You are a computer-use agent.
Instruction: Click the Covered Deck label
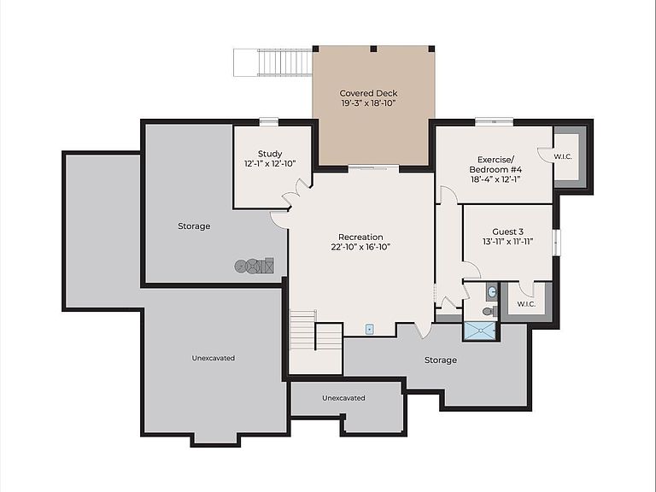pos(368,93)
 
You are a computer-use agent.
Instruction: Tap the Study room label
pos(270,154)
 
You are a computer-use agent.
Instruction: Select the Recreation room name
pos(360,237)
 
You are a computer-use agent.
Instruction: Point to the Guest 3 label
pos(507,231)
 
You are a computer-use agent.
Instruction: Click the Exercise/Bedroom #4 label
pos(495,164)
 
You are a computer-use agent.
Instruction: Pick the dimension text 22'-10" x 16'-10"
pos(360,247)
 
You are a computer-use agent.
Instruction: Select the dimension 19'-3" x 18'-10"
pos(368,103)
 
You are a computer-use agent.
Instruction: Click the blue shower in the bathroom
pos(479,331)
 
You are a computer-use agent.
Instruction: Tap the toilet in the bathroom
pos(489,311)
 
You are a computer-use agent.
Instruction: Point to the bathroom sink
pos(492,291)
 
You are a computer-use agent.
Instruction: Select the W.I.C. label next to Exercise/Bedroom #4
pos(563,157)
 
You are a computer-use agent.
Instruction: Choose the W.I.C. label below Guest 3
pos(526,304)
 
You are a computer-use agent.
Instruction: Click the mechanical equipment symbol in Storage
pos(255,266)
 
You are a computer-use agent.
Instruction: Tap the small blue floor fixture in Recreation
pos(369,329)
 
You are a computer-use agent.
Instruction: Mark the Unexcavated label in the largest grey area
pos(213,358)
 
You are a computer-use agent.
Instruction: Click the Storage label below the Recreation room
pos(441,360)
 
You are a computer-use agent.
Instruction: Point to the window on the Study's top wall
pos(268,122)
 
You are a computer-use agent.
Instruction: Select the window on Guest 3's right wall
pos(556,243)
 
